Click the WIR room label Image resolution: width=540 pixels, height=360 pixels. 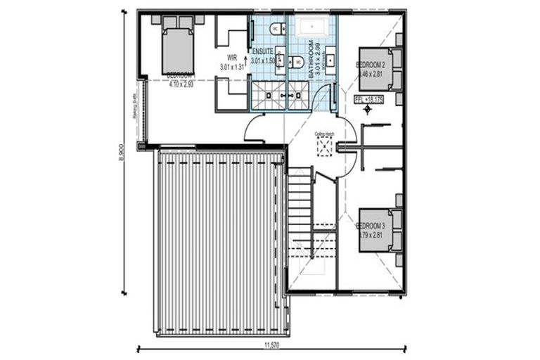click(231, 58)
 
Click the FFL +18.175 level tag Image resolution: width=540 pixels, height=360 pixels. click(369, 99)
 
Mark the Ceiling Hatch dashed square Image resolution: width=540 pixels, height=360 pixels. click(325, 146)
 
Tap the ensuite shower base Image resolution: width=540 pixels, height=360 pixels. click(268, 96)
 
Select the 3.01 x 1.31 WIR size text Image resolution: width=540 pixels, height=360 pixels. click(231, 67)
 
